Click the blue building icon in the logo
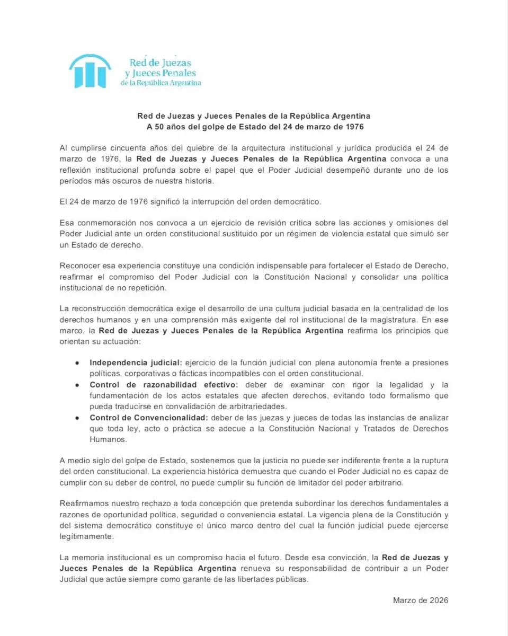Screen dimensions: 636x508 tap(90, 70)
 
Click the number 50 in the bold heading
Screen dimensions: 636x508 tap(158, 127)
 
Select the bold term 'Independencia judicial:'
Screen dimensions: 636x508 tap(136, 363)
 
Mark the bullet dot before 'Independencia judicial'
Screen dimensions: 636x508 tap(77, 363)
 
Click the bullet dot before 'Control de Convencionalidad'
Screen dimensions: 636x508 tap(77, 418)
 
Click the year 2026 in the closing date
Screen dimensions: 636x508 tap(438, 600)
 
